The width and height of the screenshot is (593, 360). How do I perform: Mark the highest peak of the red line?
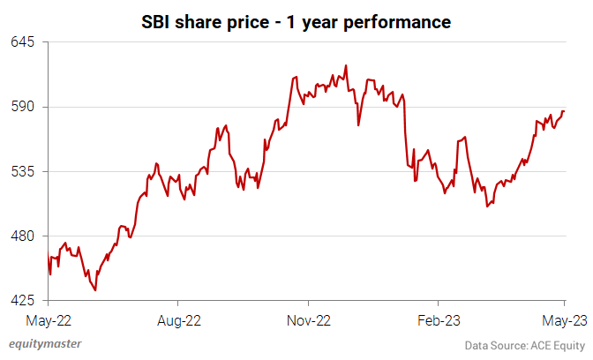coord(345,65)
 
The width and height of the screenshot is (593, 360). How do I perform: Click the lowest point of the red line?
coord(95,289)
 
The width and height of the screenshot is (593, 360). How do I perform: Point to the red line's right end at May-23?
coord(565,111)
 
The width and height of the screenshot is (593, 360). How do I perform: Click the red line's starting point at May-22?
coord(48,255)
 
